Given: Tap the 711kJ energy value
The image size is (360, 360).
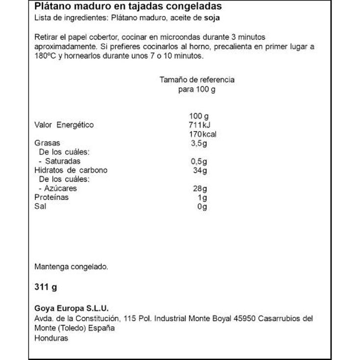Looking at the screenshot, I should (198, 125).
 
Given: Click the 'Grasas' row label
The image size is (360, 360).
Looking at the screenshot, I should (47, 143).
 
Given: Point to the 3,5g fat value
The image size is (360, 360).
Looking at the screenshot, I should (199, 143).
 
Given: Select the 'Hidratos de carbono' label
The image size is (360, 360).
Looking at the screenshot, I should (71, 170).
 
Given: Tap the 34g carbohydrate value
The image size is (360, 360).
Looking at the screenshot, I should (200, 170).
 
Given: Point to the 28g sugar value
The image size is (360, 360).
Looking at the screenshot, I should (200, 188).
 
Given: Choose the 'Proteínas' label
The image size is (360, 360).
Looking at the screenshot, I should (51, 197).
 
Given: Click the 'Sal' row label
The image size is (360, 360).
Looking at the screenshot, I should (40, 206).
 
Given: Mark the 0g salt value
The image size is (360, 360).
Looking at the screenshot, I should (202, 206).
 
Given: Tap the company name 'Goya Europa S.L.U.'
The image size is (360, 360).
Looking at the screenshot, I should (71, 308).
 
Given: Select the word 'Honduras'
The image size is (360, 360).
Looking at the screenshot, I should (51, 338).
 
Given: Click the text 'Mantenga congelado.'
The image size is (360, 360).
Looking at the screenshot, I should (71, 267).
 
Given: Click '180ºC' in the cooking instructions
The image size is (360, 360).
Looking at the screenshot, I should (46, 56).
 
